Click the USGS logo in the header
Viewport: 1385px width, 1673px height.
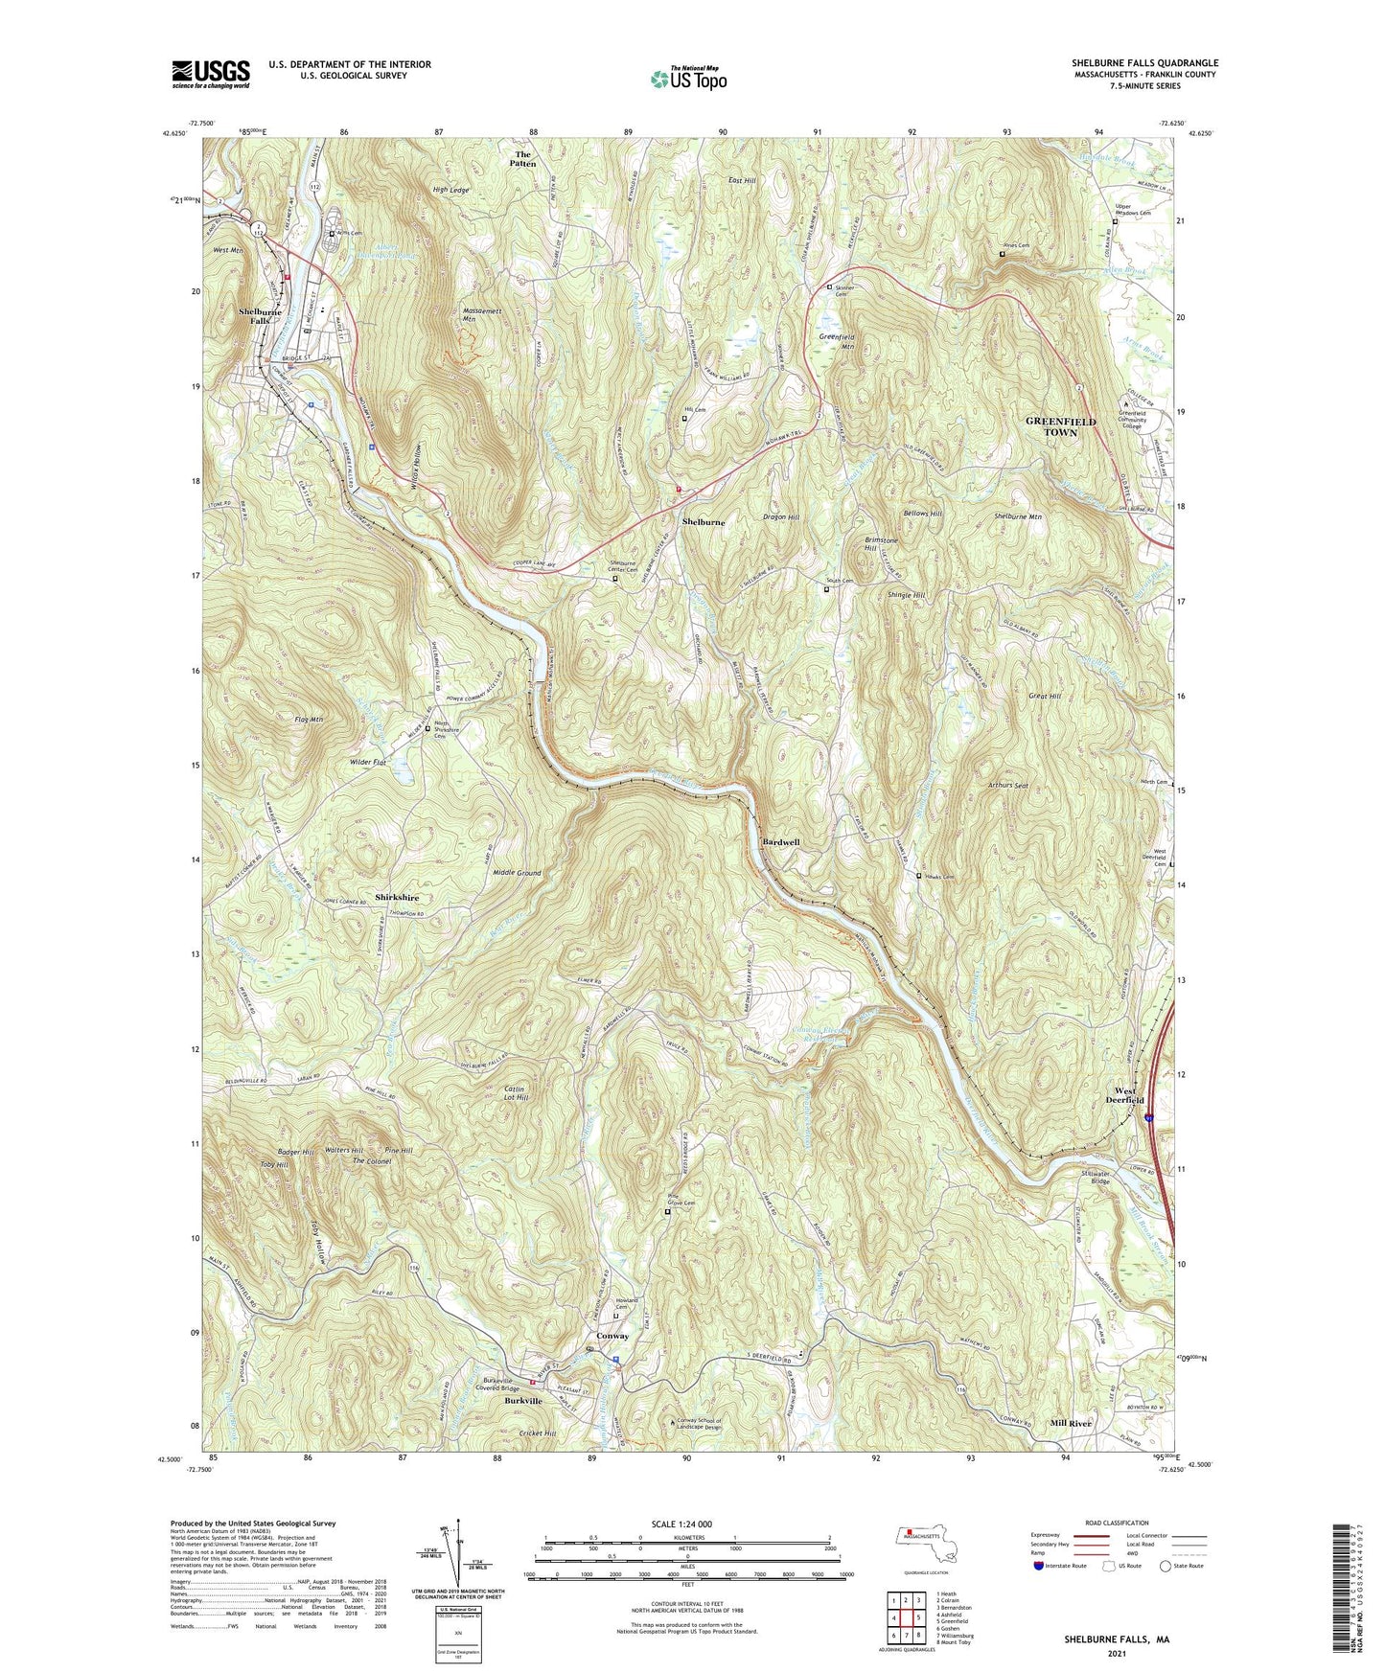tap(211, 73)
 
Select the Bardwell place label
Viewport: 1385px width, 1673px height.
tap(780, 842)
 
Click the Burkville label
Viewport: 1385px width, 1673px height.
tap(523, 1401)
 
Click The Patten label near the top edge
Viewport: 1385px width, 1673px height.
tap(522, 159)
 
